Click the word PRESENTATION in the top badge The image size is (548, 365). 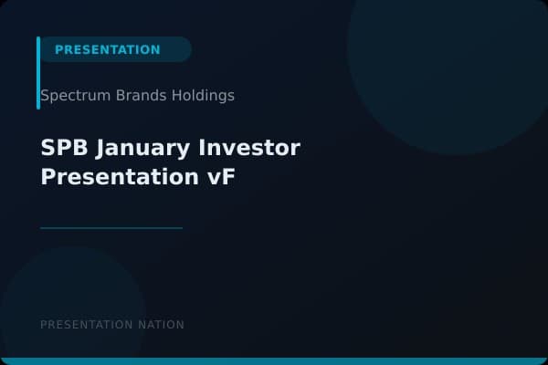tap(107, 49)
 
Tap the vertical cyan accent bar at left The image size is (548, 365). tap(38, 73)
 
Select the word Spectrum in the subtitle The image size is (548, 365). tap(69, 96)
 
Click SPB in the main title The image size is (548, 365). tap(61, 147)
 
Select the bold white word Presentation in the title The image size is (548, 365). tap(117, 176)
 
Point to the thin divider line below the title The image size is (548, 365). tap(111, 228)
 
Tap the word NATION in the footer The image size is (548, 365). tap(160, 325)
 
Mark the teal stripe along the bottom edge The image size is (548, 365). tap(274, 361)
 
